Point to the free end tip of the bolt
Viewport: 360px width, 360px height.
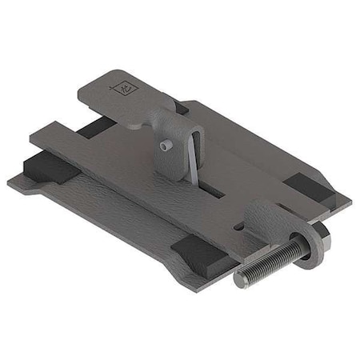(241, 279)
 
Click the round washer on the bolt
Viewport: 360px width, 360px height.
(309, 244)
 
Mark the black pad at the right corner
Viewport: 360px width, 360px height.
(309, 189)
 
